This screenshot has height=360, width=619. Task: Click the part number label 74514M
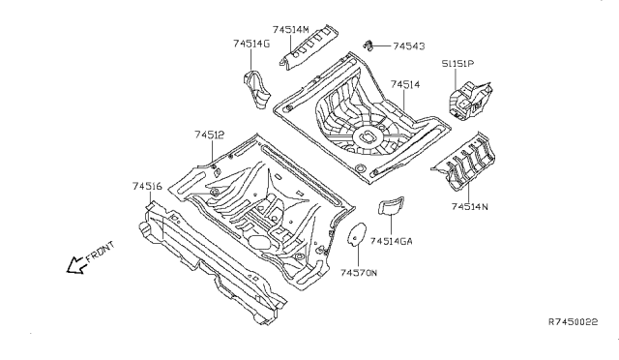click(x=290, y=30)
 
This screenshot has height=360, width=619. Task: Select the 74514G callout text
click(x=251, y=44)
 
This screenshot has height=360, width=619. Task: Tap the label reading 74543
click(x=409, y=46)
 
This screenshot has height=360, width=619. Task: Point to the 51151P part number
click(x=457, y=63)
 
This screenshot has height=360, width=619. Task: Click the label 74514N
click(x=470, y=207)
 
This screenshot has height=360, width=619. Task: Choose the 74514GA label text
click(x=391, y=241)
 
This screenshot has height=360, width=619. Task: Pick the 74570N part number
click(x=359, y=273)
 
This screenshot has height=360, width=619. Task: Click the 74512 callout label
click(x=209, y=135)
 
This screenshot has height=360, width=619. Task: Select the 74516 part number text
click(x=147, y=186)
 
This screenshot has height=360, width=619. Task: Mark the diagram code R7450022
click(x=574, y=321)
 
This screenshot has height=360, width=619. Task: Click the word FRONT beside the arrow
click(x=101, y=252)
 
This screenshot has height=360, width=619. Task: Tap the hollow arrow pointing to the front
click(x=76, y=265)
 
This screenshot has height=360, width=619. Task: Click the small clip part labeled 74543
click(x=368, y=45)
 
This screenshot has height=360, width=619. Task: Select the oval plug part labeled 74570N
click(x=356, y=234)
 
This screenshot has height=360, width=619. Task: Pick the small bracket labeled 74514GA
click(x=391, y=205)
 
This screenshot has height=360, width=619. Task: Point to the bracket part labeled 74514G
click(x=256, y=89)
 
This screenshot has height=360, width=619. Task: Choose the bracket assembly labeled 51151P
click(x=470, y=100)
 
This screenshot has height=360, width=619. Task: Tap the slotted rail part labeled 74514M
click(x=309, y=47)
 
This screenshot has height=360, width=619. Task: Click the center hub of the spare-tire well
click(x=368, y=136)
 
